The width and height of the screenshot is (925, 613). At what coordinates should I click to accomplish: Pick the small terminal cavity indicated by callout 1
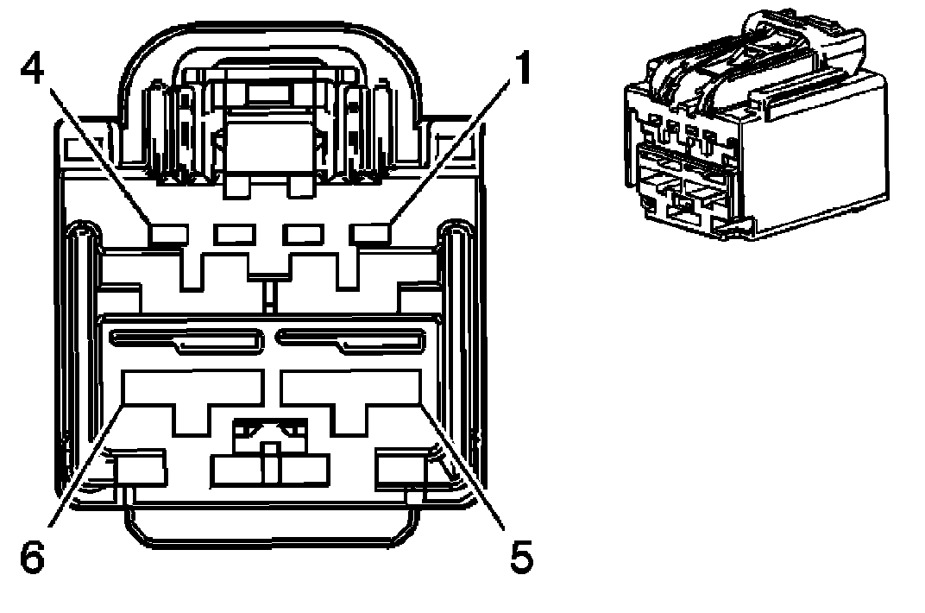(371, 233)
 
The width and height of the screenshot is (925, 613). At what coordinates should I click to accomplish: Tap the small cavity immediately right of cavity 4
(232, 233)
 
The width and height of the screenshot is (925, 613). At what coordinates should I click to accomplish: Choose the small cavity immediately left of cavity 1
(305, 233)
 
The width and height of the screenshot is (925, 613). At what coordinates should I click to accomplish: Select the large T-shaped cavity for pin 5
(349, 393)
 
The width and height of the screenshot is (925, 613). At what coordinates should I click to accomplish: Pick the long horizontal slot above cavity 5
(349, 340)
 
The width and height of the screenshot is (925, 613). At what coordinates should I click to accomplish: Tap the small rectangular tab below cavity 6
(140, 469)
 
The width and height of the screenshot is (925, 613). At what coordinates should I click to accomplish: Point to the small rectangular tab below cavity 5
(402, 469)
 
